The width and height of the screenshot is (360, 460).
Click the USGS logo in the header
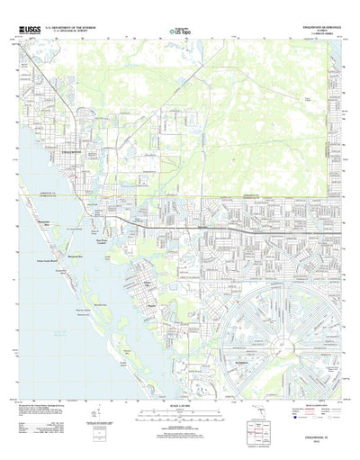[x=28, y=30]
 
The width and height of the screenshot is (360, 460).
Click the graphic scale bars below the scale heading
[x=179, y=407]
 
